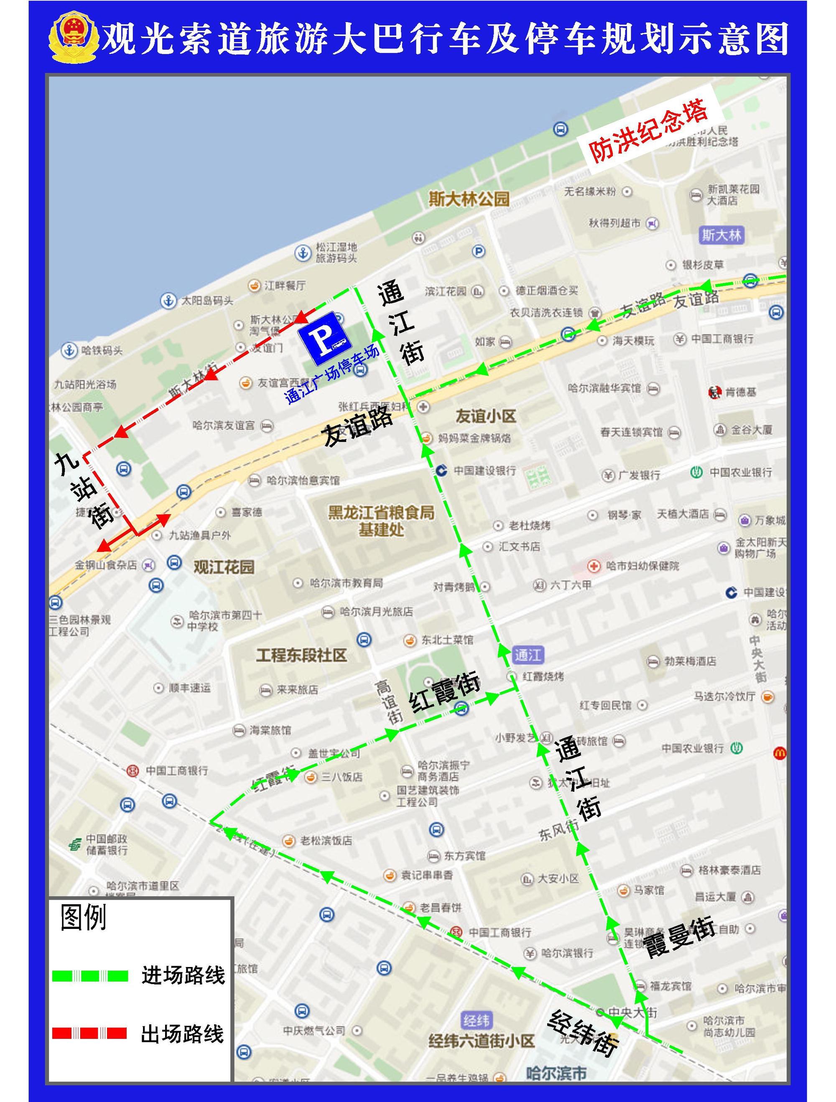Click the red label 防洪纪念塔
(x=647, y=132)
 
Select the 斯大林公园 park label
(x=469, y=199)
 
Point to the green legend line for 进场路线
(x=90, y=975)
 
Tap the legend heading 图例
(x=84, y=918)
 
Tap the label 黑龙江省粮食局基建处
(x=381, y=521)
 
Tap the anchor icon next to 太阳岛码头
(x=168, y=301)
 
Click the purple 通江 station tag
(x=528, y=655)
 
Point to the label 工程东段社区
(x=301, y=655)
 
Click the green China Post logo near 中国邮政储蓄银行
(x=75, y=844)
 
